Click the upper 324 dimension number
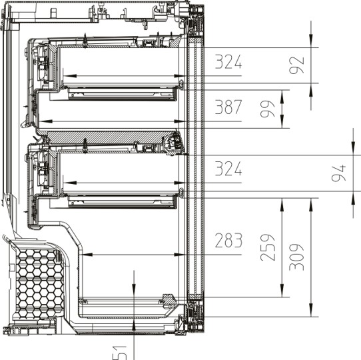pyautogui.click(x=228, y=62)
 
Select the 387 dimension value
pyautogui.click(x=228, y=107)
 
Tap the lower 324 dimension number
pyautogui.click(x=228, y=169)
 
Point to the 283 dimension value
pyautogui.click(x=228, y=240)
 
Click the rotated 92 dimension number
pyautogui.click(x=296, y=65)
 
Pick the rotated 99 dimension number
pyautogui.click(x=268, y=109)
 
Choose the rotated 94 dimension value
pyautogui.click(x=338, y=173)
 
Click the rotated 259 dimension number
pyautogui.click(x=268, y=247)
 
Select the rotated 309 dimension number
pyautogui.click(x=296, y=257)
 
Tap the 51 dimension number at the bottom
pyautogui.click(x=119, y=353)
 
